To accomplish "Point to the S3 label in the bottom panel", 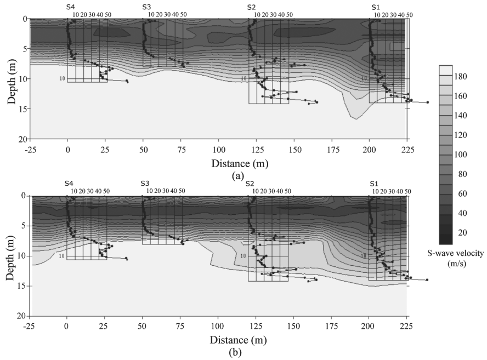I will click(145, 183).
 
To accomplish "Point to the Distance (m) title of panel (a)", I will click(238, 163).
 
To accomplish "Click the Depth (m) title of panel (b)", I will click(10, 257).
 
